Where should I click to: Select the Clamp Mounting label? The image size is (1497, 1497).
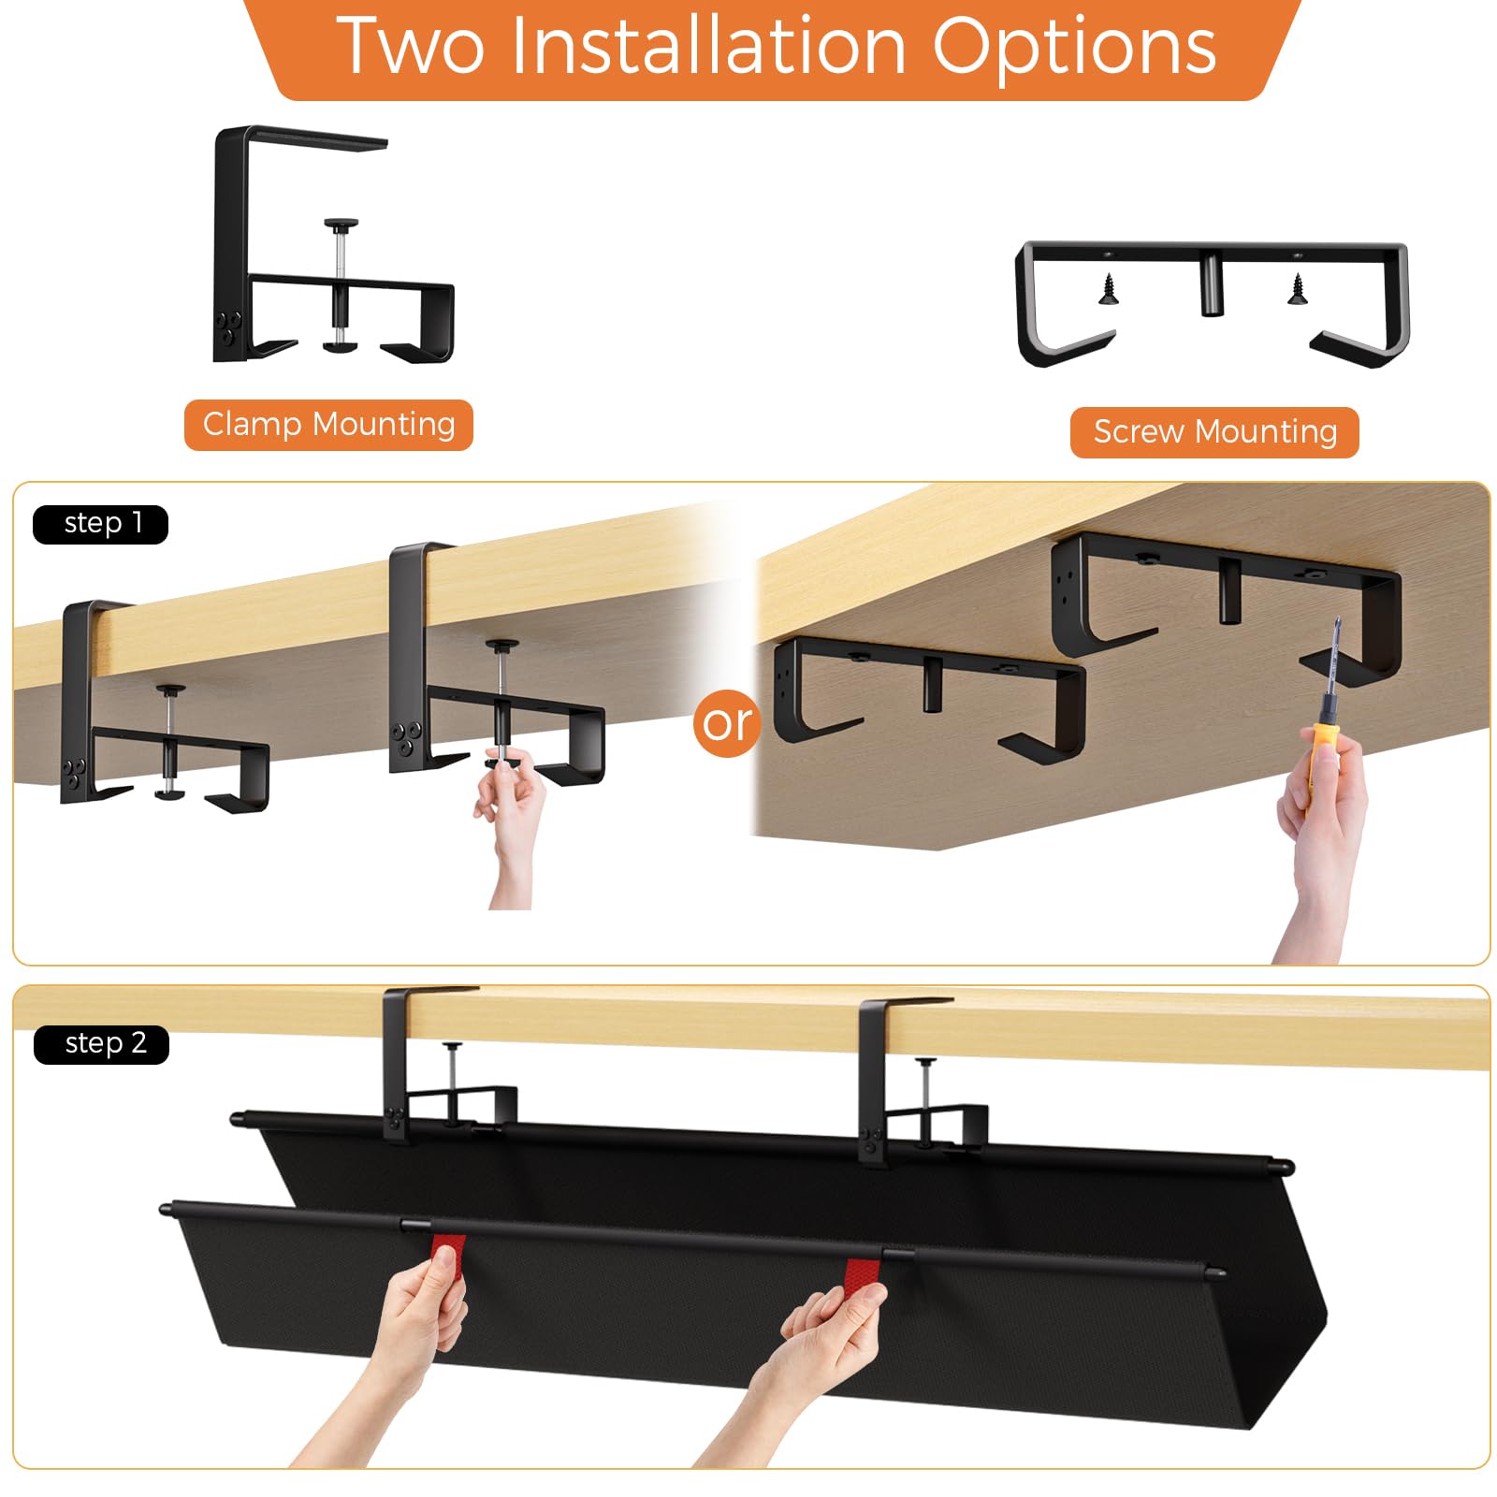point(328,425)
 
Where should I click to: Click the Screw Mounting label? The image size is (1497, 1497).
point(1214,432)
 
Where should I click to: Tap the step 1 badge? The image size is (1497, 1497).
point(100,524)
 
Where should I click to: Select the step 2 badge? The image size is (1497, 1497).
point(101,1044)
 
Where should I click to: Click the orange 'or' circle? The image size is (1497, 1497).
point(727,722)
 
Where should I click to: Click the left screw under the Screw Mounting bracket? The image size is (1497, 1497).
point(1109,288)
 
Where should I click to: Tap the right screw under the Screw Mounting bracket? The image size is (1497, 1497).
point(1297,288)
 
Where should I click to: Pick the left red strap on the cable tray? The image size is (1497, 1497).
point(447,1268)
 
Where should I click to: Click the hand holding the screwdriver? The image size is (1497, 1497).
point(1319,842)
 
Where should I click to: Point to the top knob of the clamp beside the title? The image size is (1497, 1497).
point(342,225)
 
